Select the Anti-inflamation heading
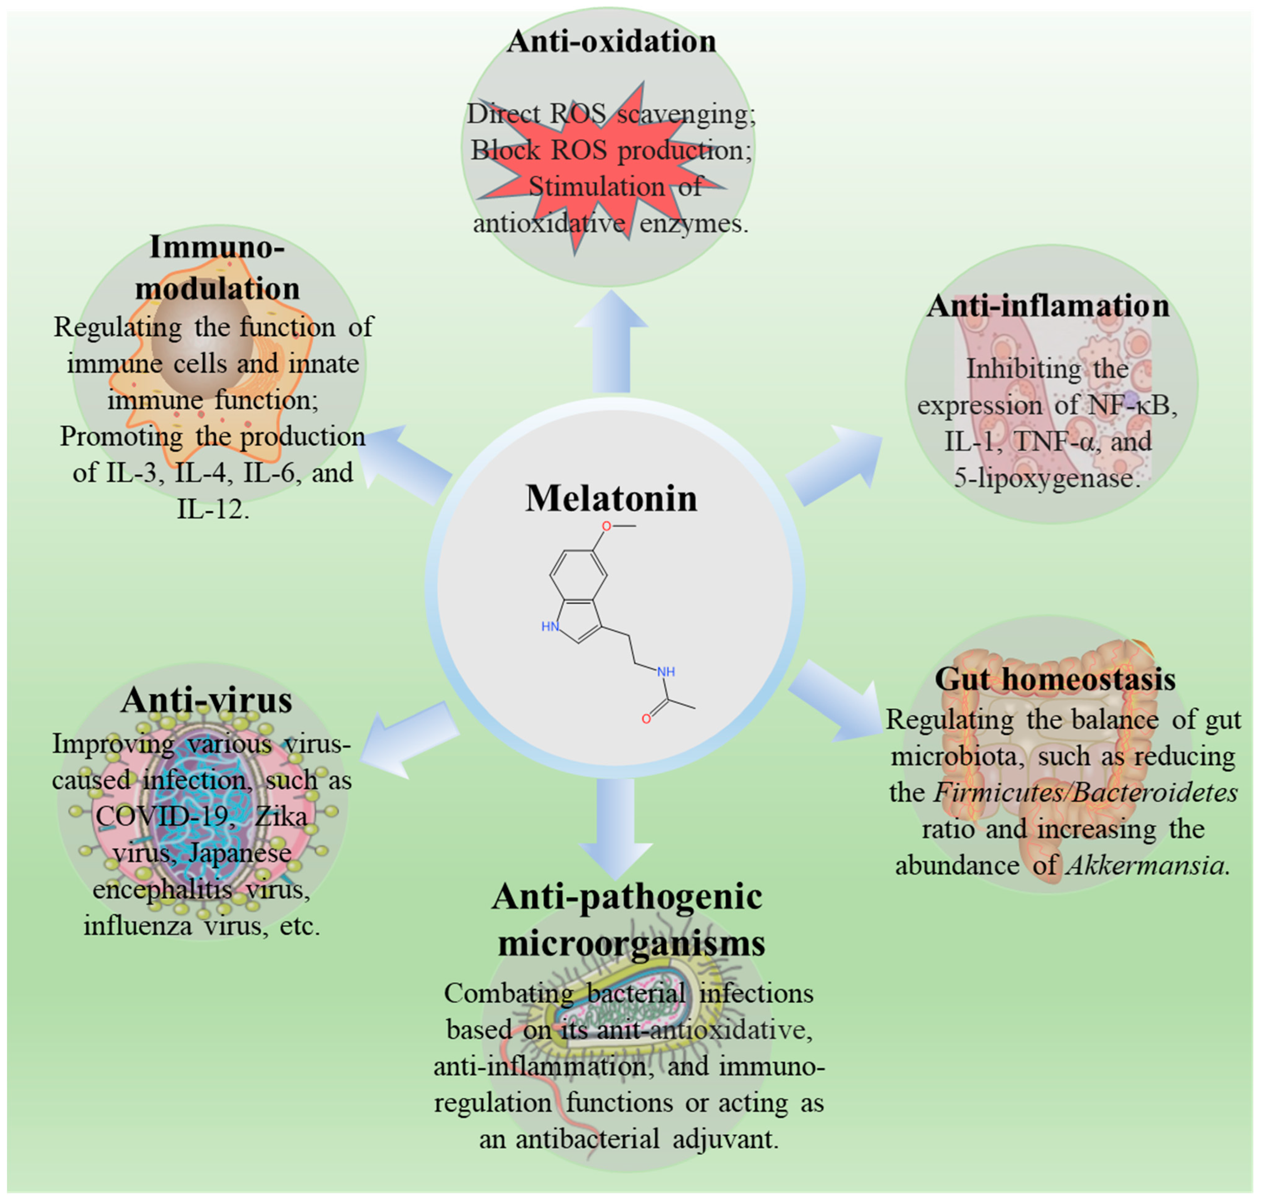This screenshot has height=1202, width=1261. (x=1048, y=306)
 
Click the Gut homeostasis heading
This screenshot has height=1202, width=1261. (x=1055, y=679)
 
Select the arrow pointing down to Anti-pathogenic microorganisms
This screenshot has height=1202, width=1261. (x=615, y=827)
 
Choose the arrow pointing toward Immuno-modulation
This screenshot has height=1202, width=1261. (x=407, y=461)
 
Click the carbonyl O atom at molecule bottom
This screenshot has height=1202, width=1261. (x=646, y=719)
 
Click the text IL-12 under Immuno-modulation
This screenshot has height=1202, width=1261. (x=211, y=509)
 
